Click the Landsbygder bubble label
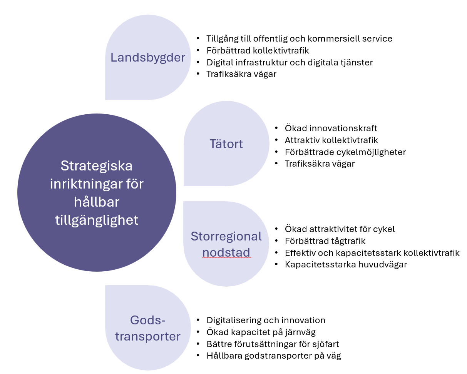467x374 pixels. (x=148, y=57)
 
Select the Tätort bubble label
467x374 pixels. (x=226, y=144)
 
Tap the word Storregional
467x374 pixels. (x=226, y=236)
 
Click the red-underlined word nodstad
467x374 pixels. (x=226, y=252)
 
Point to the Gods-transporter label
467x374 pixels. (x=148, y=328)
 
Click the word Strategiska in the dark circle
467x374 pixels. (x=97, y=166)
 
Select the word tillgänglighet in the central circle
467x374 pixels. (x=97, y=220)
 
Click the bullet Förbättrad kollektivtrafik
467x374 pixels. (x=258, y=50)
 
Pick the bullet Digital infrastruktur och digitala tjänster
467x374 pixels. (x=290, y=62)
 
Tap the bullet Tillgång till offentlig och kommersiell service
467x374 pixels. (x=299, y=38)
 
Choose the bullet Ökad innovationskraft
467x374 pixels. (x=331, y=128)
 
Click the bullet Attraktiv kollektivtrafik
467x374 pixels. (x=331, y=140)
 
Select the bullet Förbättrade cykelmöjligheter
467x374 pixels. (x=345, y=152)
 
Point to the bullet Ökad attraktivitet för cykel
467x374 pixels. (x=340, y=229)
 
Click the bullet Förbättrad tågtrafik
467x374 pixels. (x=325, y=241)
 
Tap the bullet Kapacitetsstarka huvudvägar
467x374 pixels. (x=346, y=265)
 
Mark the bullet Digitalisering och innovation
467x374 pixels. (x=266, y=320)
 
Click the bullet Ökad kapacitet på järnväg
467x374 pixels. (x=261, y=332)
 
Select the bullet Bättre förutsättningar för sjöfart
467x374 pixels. (x=273, y=344)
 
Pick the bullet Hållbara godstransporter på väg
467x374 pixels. (x=273, y=356)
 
